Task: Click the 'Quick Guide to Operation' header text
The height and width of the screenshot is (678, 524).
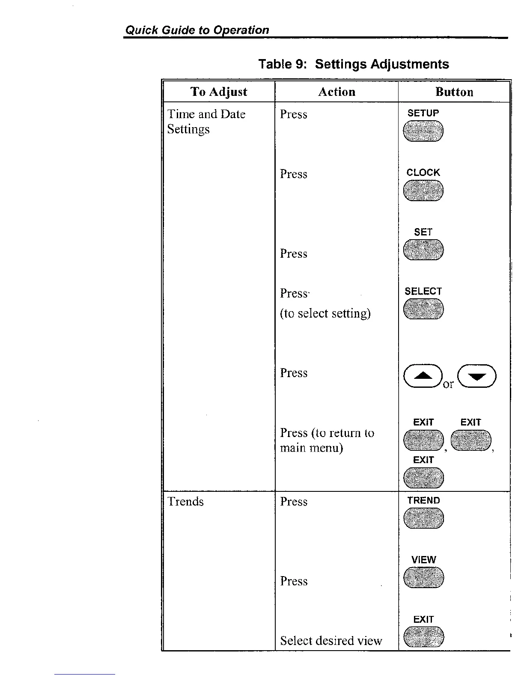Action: coord(197,30)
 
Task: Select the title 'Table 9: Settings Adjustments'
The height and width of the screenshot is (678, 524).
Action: coord(354,64)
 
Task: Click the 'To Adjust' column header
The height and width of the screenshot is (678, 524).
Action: coord(219,92)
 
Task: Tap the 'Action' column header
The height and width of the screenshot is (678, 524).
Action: coord(336,92)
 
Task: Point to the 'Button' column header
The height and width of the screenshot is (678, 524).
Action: coord(454,92)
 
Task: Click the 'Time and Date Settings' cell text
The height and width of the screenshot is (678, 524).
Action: coord(206,122)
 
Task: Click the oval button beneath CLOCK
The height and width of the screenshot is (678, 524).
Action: coord(423,190)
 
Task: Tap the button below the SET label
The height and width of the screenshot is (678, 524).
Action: coord(423,250)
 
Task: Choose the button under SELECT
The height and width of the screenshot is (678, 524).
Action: coord(423,309)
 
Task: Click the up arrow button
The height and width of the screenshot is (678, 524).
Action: coord(423,376)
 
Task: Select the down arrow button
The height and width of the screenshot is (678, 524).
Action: coord(476,376)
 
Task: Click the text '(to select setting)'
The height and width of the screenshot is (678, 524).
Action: coord(325,313)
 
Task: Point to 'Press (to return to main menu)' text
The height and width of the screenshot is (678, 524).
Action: coord(327,440)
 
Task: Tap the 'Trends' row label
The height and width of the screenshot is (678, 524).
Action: coord(185,501)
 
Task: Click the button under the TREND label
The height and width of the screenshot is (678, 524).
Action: coord(423,518)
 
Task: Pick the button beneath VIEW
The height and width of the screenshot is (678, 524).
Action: coord(423,577)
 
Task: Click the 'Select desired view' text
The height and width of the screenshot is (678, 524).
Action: coord(331,640)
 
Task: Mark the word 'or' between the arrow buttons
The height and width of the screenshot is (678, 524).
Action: coord(448,384)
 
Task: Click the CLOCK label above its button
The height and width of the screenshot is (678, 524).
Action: coord(423,172)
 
